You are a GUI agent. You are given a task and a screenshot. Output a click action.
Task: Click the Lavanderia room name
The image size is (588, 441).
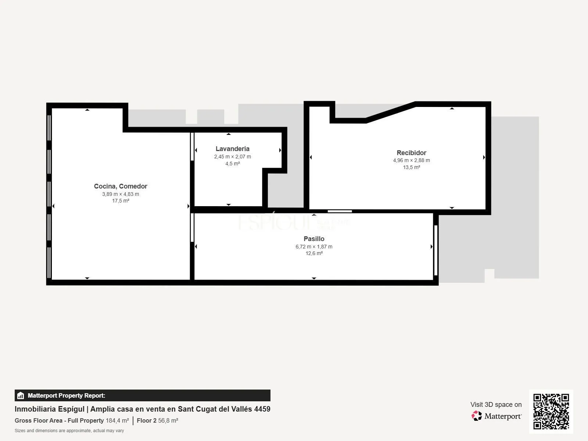pos(233,148)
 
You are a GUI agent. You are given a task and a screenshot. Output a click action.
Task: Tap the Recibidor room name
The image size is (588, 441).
pos(412,153)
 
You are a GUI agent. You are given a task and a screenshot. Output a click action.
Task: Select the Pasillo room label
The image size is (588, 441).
pos(314,239)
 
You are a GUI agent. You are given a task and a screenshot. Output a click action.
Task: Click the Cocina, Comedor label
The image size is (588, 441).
pos(121,186)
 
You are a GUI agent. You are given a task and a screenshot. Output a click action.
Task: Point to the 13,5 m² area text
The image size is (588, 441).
pos(412,167)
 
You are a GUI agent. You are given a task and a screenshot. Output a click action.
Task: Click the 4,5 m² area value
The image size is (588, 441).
pos(233,163)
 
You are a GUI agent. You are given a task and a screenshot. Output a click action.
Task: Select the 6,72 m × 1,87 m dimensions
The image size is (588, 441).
pos(314,246)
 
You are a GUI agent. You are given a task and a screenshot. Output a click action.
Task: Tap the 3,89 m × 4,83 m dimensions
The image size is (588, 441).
pos(121,194)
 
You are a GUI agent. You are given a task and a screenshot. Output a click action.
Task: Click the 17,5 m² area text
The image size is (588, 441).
pos(121,201)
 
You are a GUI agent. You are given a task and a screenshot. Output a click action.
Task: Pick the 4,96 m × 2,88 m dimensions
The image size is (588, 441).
pos(412,160)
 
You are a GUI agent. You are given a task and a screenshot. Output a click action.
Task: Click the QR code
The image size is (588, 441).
pos(551,411)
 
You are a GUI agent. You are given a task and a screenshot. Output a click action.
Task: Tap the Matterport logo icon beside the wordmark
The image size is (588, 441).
pos(477,416)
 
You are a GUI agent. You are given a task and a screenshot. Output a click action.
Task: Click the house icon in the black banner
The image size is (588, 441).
pos(21,395)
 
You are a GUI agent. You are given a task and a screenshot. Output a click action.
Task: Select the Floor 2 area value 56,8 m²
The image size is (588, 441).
pos(168,420)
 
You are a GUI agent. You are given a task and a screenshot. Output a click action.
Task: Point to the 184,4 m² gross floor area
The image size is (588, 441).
pos(117,420)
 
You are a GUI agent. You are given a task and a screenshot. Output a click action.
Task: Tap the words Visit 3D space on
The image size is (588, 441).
pos(496,404)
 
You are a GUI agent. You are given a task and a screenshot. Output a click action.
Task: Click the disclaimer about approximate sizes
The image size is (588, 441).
pos(69,431)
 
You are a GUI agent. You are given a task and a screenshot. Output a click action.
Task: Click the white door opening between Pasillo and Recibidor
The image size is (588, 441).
pos(340,211)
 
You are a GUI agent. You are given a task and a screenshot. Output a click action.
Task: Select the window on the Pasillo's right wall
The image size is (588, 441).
pos(436,250)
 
